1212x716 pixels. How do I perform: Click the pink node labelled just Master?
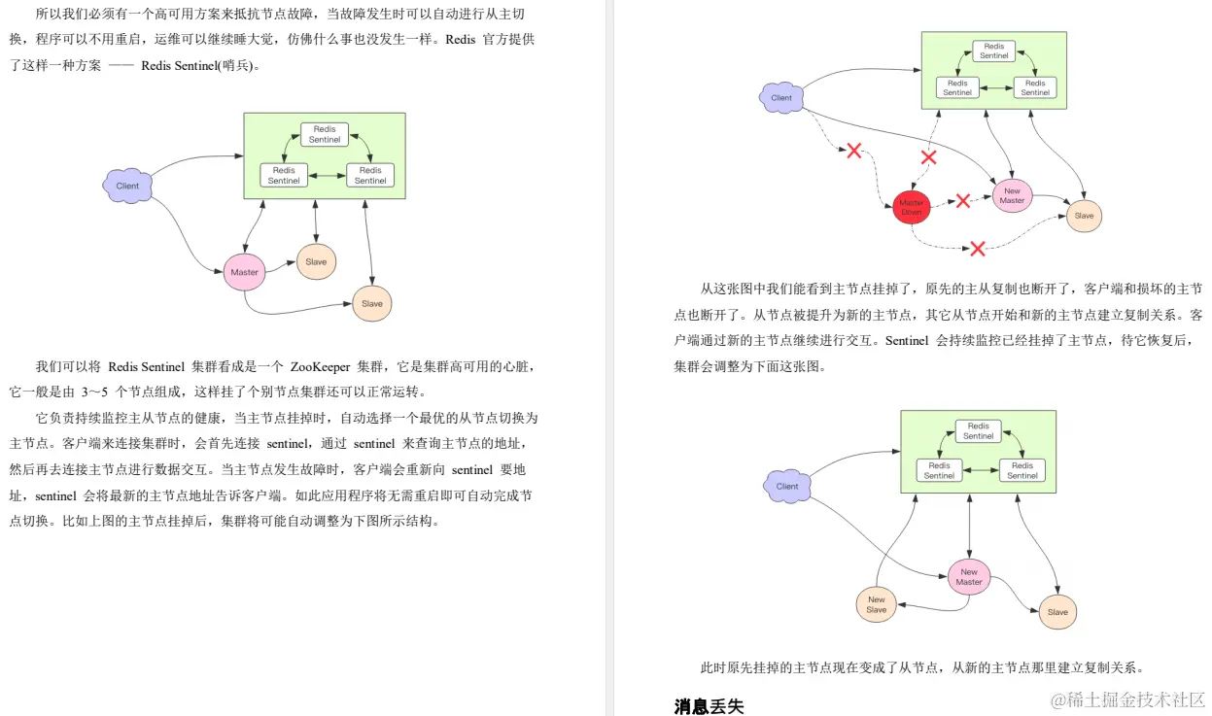point(245,272)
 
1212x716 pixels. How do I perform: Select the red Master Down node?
point(912,207)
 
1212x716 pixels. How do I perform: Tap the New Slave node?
point(877,605)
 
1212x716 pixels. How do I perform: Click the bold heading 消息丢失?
point(709,706)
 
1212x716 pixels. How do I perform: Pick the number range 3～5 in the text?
point(95,392)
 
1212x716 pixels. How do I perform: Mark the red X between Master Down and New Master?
point(962,201)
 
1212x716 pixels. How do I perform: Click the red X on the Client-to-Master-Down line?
point(853,151)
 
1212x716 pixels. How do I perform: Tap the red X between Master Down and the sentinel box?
point(928,156)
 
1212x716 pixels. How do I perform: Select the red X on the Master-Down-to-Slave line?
point(978,249)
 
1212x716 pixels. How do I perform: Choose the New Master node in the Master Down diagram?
point(1012,195)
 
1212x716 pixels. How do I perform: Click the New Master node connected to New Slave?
point(969,577)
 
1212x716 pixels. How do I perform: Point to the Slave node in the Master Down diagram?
point(1084,216)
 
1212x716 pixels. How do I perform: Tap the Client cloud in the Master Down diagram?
point(782,97)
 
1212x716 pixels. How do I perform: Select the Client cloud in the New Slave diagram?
point(787,486)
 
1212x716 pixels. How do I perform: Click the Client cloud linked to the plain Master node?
point(127,186)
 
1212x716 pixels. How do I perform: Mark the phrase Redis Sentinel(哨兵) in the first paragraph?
point(199,66)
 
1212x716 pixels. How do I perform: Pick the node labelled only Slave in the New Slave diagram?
point(1057,612)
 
